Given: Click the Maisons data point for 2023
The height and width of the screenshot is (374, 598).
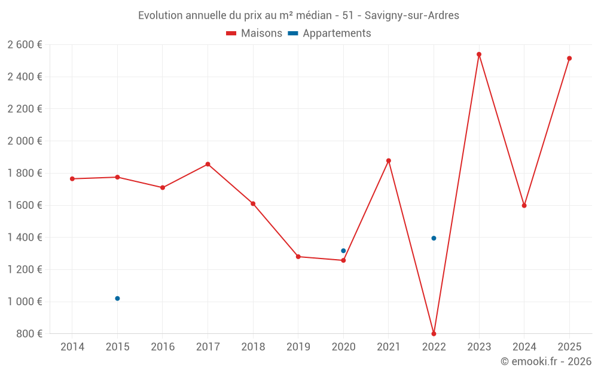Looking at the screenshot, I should (479, 54).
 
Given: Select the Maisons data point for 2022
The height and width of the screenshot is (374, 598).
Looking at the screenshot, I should (434, 333).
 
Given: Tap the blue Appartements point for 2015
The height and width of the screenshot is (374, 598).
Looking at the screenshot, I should (117, 298).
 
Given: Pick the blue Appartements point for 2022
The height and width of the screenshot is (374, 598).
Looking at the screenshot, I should (434, 238).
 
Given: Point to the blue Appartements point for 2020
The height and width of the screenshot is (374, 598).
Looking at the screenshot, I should (343, 251).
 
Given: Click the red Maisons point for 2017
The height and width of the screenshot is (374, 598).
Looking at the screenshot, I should (208, 164).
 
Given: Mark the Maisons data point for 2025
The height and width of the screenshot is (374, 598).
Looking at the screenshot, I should (569, 58).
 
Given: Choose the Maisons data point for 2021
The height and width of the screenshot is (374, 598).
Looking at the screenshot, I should (389, 160).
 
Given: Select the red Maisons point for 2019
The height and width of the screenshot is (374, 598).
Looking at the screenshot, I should (298, 257).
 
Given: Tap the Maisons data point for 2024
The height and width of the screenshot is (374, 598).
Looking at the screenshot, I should (524, 205).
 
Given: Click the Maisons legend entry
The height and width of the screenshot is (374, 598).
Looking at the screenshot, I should (254, 34).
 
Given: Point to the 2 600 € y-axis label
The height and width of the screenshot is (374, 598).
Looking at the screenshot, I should (25, 44).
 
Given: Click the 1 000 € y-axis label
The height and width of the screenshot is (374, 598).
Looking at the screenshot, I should (25, 302).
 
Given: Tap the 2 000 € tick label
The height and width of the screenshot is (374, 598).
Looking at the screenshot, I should (25, 141).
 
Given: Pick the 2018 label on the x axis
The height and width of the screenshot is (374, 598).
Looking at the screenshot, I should (253, 347).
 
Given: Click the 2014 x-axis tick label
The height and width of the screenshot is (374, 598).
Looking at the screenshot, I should (72, 347).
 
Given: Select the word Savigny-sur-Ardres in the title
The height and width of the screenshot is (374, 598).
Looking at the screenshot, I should (412, 16).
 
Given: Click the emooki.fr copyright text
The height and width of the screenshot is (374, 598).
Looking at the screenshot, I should (546, 361).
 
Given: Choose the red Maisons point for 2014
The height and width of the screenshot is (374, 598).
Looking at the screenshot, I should (72, 179).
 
